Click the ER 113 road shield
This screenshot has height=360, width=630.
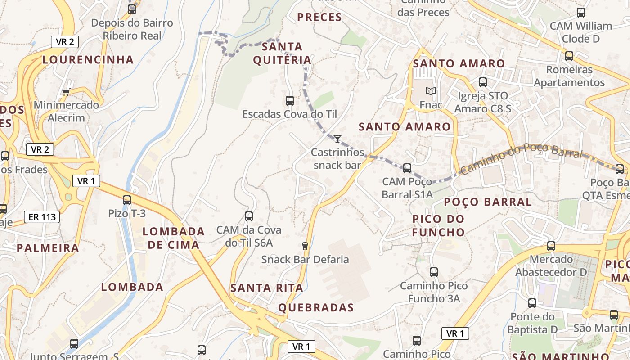click(42, 217)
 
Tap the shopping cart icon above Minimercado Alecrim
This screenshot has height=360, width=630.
click(66, 92)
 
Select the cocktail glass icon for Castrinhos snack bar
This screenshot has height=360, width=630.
click(337, 139)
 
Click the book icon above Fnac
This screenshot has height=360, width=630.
click(431, 91)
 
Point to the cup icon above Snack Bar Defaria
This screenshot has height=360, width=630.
click(305, 246)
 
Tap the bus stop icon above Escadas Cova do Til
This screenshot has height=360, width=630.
click(290, 100)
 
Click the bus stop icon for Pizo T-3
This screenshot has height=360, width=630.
click(127, 200)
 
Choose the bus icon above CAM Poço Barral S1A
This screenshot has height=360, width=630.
click(407, 168)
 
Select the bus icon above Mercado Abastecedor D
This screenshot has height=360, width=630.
click(551, 246)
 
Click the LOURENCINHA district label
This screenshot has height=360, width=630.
click(88, 59)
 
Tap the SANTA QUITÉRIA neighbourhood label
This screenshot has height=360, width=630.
click(282, 53)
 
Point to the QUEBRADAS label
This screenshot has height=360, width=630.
click(316, 308)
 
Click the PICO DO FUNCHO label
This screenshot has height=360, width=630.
click(439, 225)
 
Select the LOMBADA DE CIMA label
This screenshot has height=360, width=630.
click(174, 238)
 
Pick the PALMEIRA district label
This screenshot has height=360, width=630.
click(48, 248)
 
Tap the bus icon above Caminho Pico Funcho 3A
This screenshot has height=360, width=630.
click(434, 272)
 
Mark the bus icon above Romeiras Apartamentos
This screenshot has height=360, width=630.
click(569, 56)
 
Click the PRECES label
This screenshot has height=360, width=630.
click(319, 17)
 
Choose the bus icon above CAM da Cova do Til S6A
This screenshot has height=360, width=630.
click(249, 216)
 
